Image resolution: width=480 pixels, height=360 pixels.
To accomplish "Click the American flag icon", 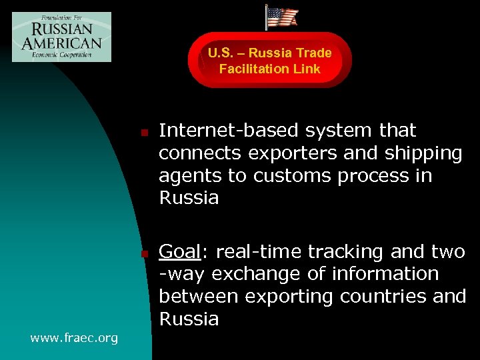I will tap(282, 17).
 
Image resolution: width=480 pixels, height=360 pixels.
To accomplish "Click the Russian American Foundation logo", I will tap(61, 37).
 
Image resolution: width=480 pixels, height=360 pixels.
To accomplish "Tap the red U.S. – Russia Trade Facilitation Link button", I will tap(269, 61).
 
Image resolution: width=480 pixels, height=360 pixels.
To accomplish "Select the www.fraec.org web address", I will tap(74, 338).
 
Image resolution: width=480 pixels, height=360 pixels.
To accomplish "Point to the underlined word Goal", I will tap(179, 252).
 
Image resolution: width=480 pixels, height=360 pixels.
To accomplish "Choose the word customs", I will tap(294, 176).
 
